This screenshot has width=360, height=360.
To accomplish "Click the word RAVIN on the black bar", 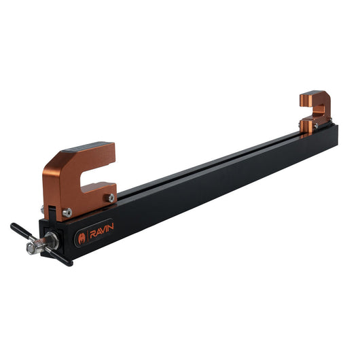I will [103, 228].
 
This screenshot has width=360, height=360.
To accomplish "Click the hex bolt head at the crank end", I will [33, 248].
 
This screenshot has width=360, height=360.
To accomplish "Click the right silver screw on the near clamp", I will [109, 198].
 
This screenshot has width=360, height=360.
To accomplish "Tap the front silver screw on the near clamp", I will [67, 213].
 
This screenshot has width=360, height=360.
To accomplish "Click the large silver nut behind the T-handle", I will [50, 240].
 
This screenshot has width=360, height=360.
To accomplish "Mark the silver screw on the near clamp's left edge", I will [43, 209].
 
